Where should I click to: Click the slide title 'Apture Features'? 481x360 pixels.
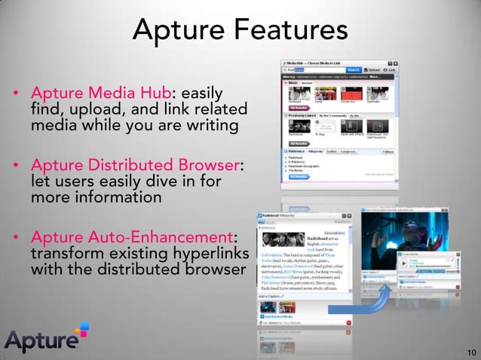click(240, 30)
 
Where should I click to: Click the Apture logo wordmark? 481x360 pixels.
click(41, 341)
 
